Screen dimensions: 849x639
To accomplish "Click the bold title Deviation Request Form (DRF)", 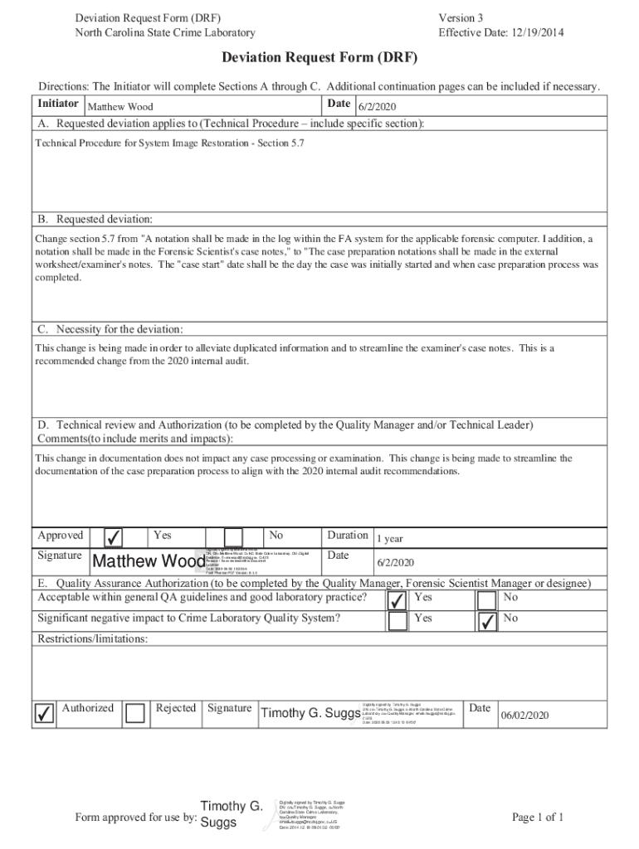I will pyautogui.click(x=319, y=58).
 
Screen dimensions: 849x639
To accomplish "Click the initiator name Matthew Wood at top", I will pyautogui.click(x=120, y=107).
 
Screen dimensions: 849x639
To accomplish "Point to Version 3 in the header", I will pyautogui.click(x=461, y=17).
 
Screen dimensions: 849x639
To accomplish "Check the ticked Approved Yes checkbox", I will pyautogui.click(x=114, y=537).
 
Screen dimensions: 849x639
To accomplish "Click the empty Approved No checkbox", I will pyautogui.click(x=233, y=537).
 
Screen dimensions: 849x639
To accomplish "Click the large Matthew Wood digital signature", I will pyautogui.click(x=148, y=562).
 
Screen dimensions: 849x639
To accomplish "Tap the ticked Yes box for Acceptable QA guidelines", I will pyautogui.click(x=398, y=599).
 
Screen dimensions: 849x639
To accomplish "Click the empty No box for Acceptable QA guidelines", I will pyautogui.click(x=487, y=599).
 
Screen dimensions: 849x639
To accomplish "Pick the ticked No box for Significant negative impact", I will pyautogui.click(x=487, y=620).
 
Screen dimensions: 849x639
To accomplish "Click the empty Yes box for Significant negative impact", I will pyautogui.click(x=398, y=620).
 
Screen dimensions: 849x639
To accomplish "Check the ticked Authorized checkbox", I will pyautogui.click(x=45, y=711).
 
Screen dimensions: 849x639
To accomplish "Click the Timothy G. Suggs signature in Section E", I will pyautogui.click(x=310, y=713).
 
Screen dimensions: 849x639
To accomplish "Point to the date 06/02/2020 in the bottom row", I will pyautogui.click(x=524, y=716).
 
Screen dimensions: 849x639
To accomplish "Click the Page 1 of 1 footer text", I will pyautogui.click(x=538, y=817).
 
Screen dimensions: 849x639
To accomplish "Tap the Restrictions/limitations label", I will pyautogui.click(x=93, y=639).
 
